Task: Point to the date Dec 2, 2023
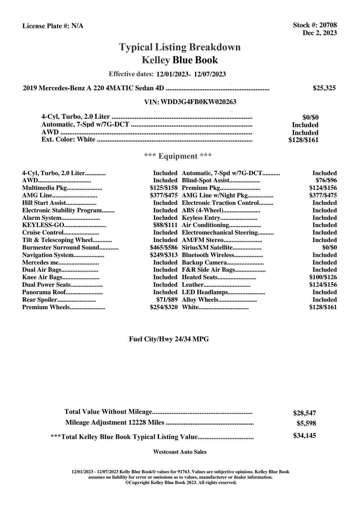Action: tap(320, 33)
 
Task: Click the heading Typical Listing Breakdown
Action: tap(180, 47)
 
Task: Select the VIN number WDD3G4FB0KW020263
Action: tap(198, 102)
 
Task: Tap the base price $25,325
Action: tap(324, 88)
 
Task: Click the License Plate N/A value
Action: tap(77, 26)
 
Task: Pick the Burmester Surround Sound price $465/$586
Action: tap(164, 247)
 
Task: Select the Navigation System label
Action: tap(48, 255)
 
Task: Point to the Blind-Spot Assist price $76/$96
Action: tap(326, 181)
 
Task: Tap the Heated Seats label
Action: tap(200, 277)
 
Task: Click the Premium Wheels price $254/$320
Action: tap(164, 307)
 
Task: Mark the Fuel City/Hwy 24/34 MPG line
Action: tap(169, 339)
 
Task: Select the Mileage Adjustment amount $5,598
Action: tap(306, 423)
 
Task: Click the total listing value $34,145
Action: tap(304, 436)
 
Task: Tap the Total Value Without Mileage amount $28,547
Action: tap(304, 413)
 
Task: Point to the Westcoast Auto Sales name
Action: tap(180, 452)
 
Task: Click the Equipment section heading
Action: tap(178, 156)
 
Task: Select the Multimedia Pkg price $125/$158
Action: tap(164, 188)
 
